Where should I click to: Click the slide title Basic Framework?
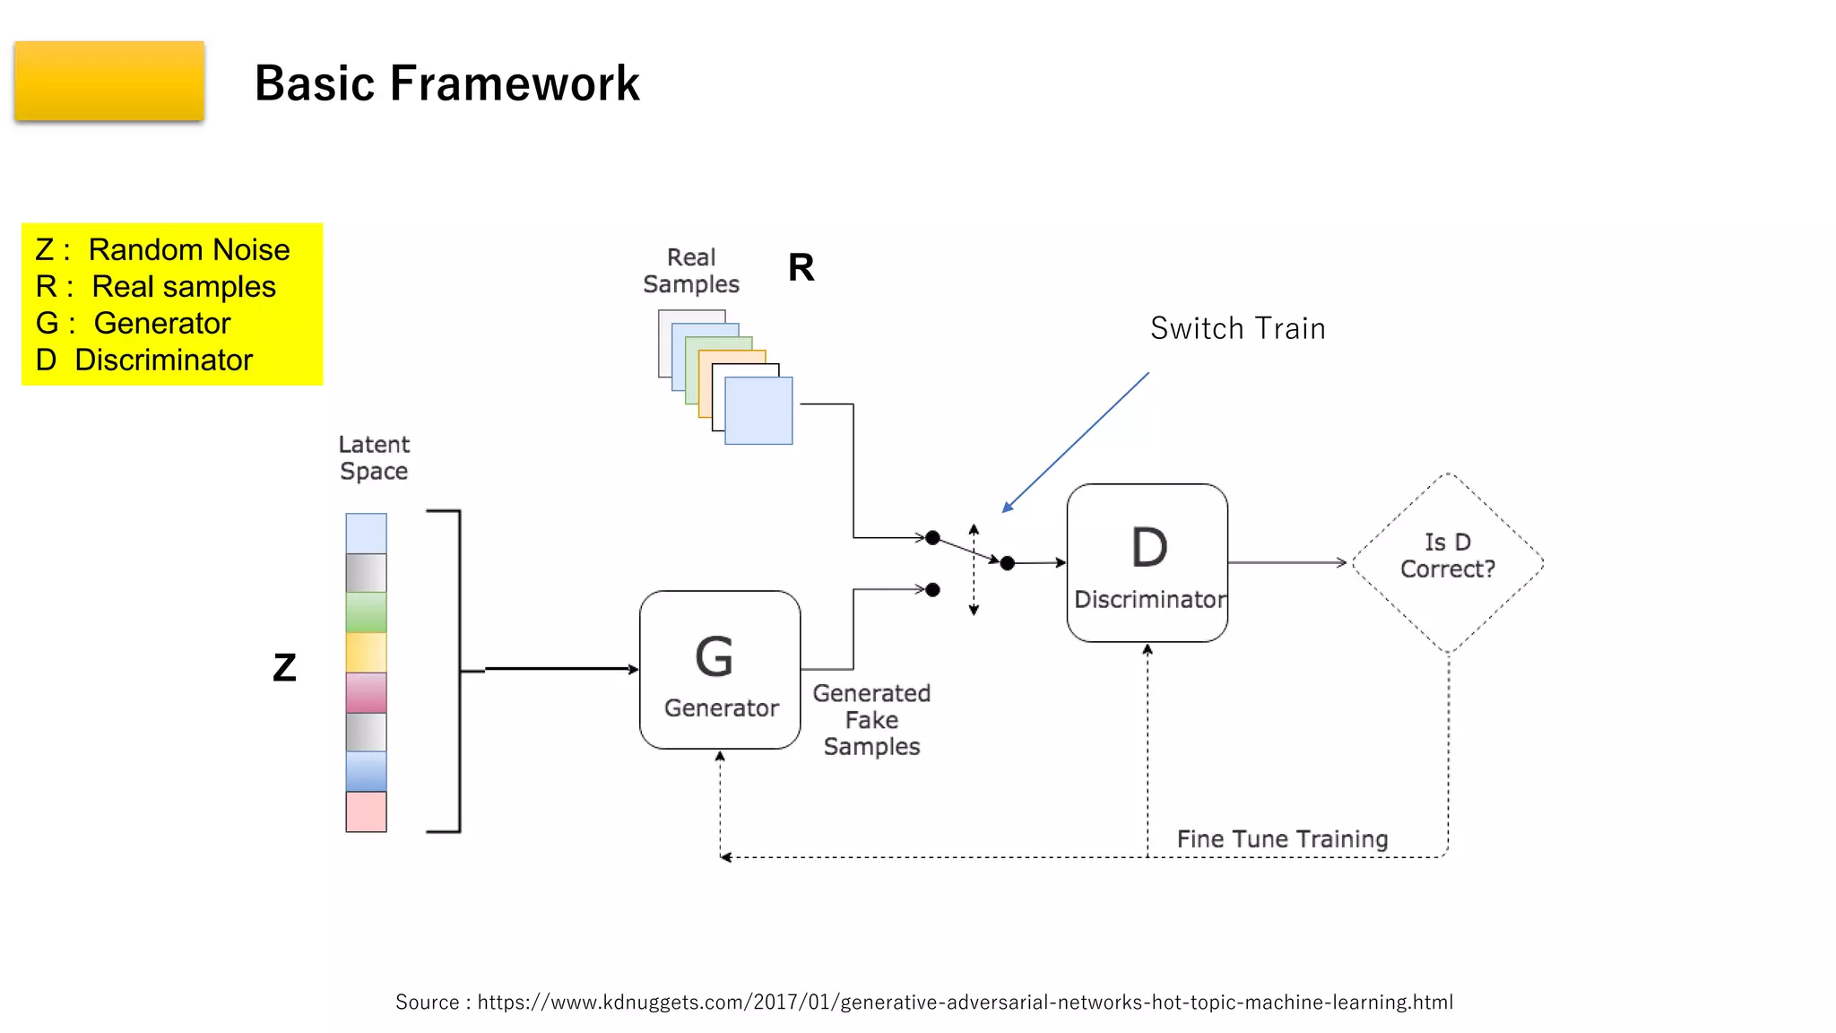pos(446,83)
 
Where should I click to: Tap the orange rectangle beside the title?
pos(109,81)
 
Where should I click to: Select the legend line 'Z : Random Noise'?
pos(162,249)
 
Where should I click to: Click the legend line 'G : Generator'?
pos(133,323)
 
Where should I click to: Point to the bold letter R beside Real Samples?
pos(801,267)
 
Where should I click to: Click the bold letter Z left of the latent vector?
pos(284,667)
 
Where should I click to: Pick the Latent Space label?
pos(374,457)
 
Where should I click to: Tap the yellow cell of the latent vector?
pos(366,652)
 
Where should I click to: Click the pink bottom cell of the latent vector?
pos(366,811)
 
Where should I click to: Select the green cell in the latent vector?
pos(366,612)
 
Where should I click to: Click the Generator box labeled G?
pos(720,669)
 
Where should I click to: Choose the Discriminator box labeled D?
pos(1147,562)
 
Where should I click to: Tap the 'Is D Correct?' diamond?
pos(1447,562)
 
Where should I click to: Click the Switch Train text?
pos(1237,328)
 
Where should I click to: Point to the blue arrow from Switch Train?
pos(1076,442)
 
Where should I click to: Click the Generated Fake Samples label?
pos(871,719)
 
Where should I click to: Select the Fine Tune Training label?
pos(1282,838)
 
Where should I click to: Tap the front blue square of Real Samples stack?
pos(758,411)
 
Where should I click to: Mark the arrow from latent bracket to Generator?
pos(560,669)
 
